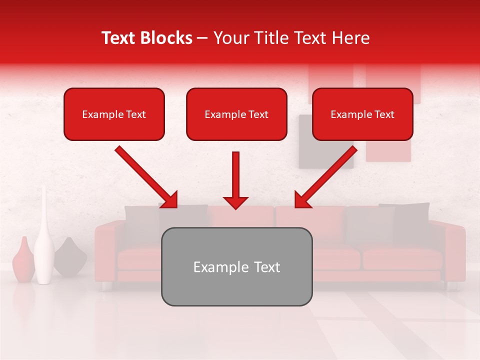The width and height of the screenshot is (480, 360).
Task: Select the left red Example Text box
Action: (x=114, y=114)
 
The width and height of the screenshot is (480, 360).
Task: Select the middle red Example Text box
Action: (x=236, y=114)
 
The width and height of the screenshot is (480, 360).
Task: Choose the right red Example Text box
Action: (x=362, y=114)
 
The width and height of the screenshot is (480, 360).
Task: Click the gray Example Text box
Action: (x=236, y=266)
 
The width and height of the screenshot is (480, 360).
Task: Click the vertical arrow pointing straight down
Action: (x=235, y=180)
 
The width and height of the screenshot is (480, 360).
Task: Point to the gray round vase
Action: (x=70, y=257)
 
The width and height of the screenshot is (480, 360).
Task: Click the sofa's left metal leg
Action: (x=105, y=286)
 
